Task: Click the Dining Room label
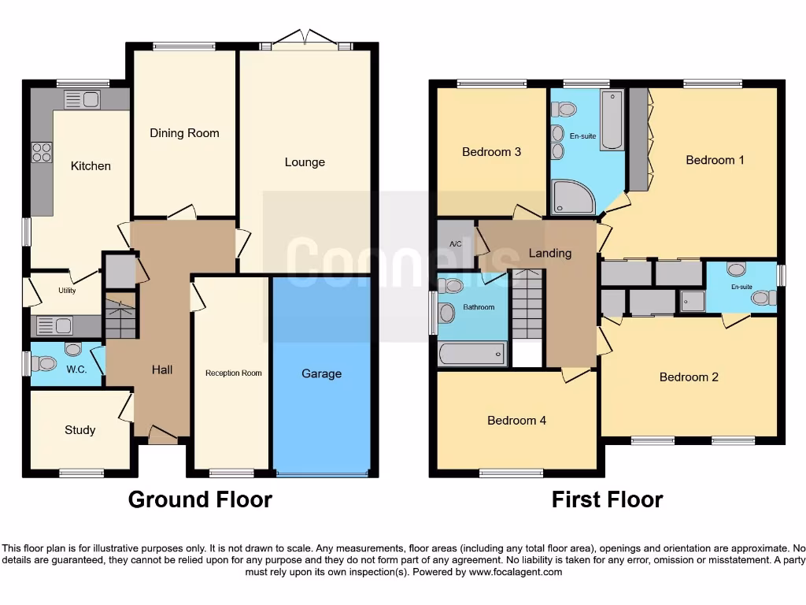pos(184,133)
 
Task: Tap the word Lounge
pos(305,162)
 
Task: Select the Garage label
pos(321,373)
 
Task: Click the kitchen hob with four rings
pos(42,151)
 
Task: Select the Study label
pos(79,429)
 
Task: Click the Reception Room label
pos(234,373)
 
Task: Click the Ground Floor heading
pos(200,499)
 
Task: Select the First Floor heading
pos(607,499)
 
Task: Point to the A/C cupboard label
pos(455,244)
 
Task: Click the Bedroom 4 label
pos(516,421)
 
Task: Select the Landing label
pos(549,253)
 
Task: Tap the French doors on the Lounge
pos(305,39)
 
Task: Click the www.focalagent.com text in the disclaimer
pos(515,572)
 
